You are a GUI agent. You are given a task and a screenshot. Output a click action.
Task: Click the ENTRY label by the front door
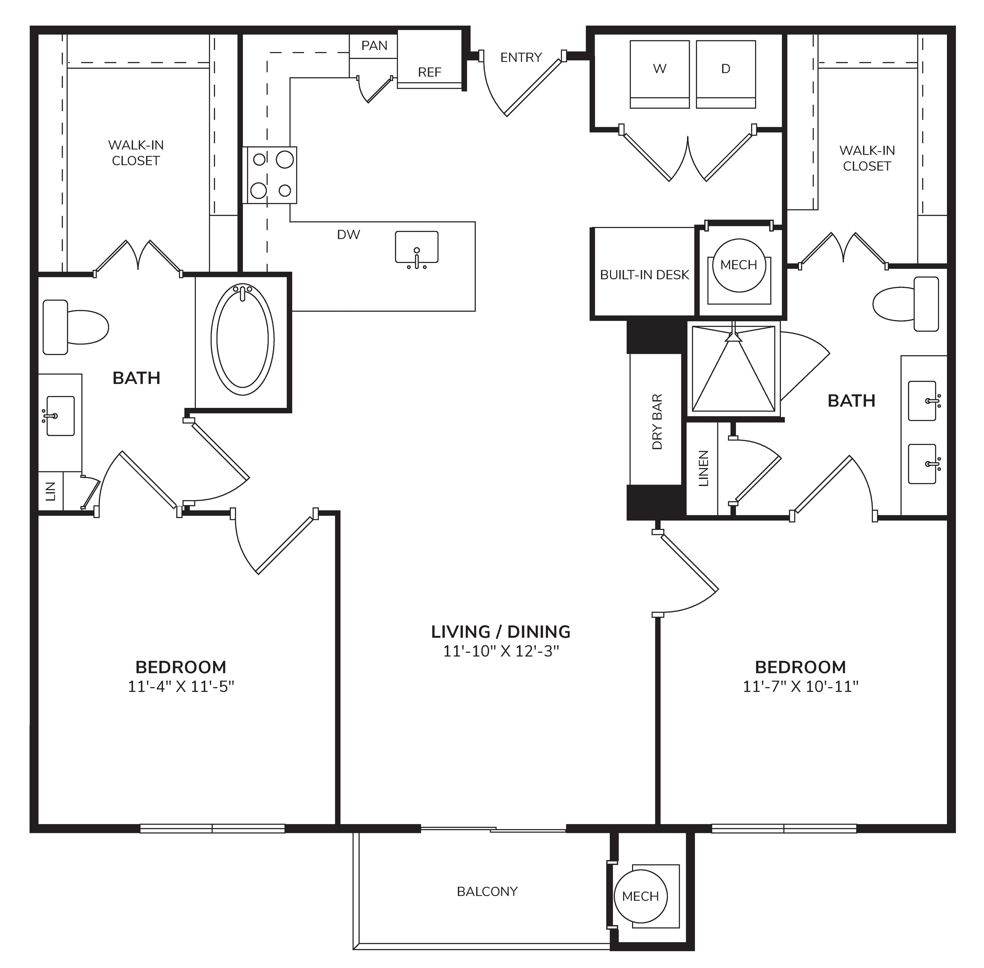(521, 57)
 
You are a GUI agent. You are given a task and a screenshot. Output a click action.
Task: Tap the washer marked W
(660, 74)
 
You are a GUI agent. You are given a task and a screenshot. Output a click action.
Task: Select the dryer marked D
(726, 74)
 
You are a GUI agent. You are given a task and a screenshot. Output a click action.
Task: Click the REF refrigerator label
(429, 72)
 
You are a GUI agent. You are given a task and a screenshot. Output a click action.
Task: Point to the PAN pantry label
(374, 46)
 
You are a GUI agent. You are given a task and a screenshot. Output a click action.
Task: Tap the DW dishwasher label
(348, 234)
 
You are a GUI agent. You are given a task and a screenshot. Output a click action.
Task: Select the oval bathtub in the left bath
(243, 339)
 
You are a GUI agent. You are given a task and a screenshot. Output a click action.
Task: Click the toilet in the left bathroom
(75, 327)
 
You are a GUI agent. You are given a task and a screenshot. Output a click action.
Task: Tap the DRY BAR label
(657, 421)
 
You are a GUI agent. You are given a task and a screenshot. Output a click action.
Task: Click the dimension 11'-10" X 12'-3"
(501, 651)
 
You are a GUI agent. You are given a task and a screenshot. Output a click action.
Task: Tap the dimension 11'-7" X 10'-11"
(800, 686)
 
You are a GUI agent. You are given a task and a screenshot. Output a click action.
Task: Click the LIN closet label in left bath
(50, 491)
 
